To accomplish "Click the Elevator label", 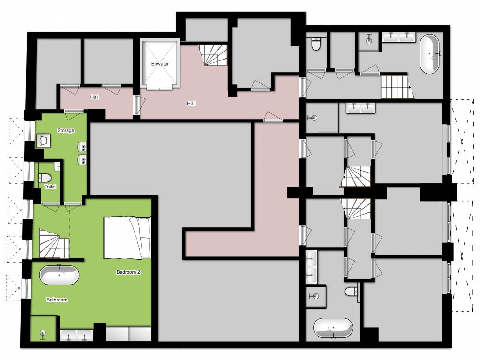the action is click(160, 64).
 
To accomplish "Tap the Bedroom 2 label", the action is click(128, 272).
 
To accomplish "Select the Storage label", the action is click(66, 130).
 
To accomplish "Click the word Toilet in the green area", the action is click(50, 187).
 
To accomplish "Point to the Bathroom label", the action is click(57, 300).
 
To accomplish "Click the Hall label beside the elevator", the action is click(191, 104).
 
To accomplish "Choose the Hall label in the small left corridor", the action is click(94, 97).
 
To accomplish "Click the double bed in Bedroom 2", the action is click(127, 238).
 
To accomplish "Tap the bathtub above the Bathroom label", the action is click(59, 275).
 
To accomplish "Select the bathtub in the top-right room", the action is click(429, 54).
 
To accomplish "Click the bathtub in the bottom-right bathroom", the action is click(333, 328).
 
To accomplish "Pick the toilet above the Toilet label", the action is click(45, 178).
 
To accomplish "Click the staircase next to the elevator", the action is click(213, 55).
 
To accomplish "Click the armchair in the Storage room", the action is click(43, 141).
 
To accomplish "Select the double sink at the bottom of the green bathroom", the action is click(76, 335).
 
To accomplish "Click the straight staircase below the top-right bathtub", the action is click(397, 87).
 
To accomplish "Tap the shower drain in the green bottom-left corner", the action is click(43, 333).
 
